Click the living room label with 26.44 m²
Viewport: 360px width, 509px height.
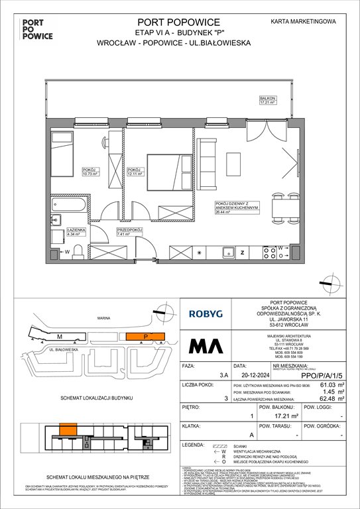tap(231, 208)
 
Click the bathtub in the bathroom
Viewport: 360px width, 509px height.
tap(68, 203)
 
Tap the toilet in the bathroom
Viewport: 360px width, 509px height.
tap(77, 251)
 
